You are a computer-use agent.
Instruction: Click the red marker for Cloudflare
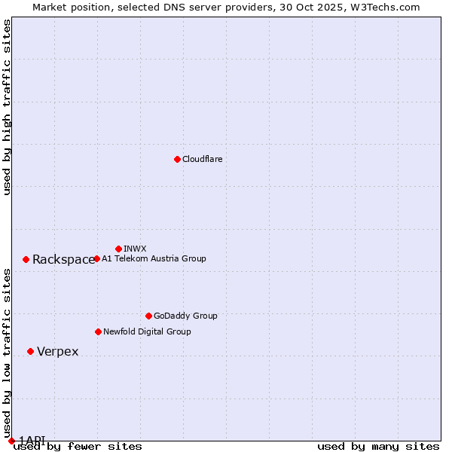(177, 159)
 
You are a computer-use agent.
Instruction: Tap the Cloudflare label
(203, 159)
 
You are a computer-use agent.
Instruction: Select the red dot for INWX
(118, 249)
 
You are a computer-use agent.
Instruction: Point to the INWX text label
(135, 249)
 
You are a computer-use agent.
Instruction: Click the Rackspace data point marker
(26, 259)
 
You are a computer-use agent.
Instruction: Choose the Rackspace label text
(63, 260)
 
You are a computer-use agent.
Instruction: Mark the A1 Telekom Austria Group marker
(96, 258)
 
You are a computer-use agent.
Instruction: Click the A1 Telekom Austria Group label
(154, 258)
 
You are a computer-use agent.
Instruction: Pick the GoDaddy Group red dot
(148, 316)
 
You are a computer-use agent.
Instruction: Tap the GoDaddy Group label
(185, 316)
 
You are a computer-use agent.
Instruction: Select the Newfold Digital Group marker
(98, 331)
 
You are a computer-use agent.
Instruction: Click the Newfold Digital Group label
(147, 331)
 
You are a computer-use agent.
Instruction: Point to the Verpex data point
(30, 351)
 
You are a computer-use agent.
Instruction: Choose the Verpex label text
(58, 352)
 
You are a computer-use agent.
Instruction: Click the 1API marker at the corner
(11, 441)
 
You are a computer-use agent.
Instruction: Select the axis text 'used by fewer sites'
(78, 446)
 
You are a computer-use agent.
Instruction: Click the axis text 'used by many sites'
(378, 446)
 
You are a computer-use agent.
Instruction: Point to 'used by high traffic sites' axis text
(7, 107)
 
